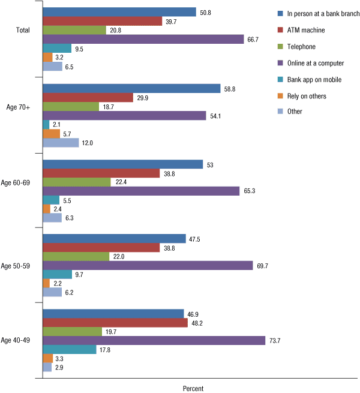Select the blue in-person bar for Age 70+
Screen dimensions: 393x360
131,89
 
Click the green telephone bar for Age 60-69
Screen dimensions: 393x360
77,182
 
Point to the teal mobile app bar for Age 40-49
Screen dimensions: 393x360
70,350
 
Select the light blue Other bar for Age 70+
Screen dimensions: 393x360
61,143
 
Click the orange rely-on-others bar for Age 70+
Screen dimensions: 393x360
52,134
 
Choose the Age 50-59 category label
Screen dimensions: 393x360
19,265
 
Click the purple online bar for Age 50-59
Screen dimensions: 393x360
148,265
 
